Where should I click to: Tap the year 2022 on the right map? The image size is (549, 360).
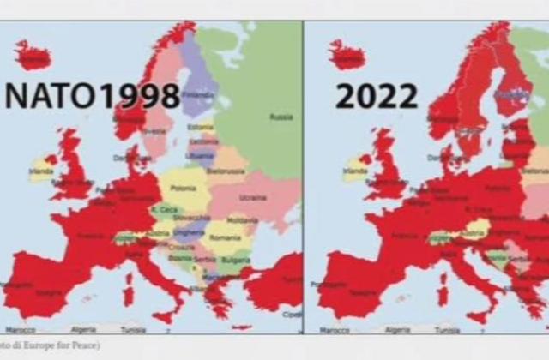click(x=377, y=96)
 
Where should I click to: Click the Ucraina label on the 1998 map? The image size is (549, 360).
click(x=251, y=196)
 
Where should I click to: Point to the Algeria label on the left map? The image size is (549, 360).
click(x=84, y=329)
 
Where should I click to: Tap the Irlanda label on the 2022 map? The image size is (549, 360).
click(x=355, y=170)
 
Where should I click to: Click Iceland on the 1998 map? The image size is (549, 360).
click(x=34, y=57)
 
